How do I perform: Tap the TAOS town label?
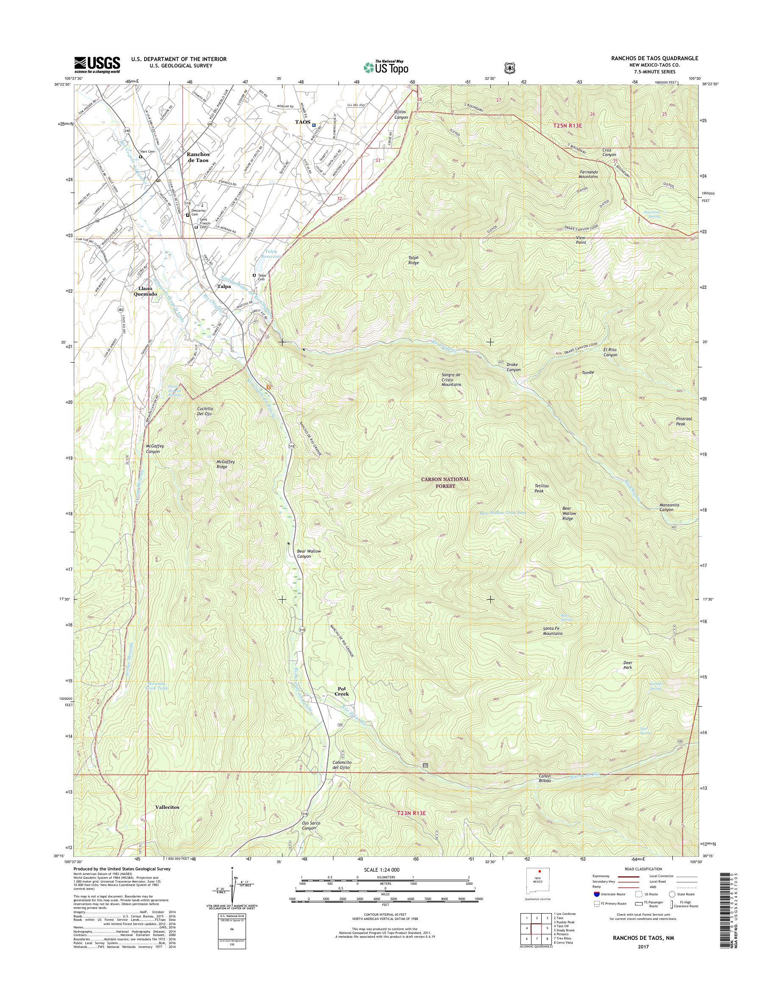click(x=302, y=123)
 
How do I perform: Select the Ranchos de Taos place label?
click(x=198, y=157)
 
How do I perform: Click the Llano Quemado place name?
click(x=145, y=291)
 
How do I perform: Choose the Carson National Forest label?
click(x=446, y=482)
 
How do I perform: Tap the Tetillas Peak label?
click(x=542, y=488)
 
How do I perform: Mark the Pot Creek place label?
click(x=342, y=691)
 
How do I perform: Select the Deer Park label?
click(x=628, y=665)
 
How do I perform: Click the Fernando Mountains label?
click(x=589, y=174)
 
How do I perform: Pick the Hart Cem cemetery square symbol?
click(x=140, y=157)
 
